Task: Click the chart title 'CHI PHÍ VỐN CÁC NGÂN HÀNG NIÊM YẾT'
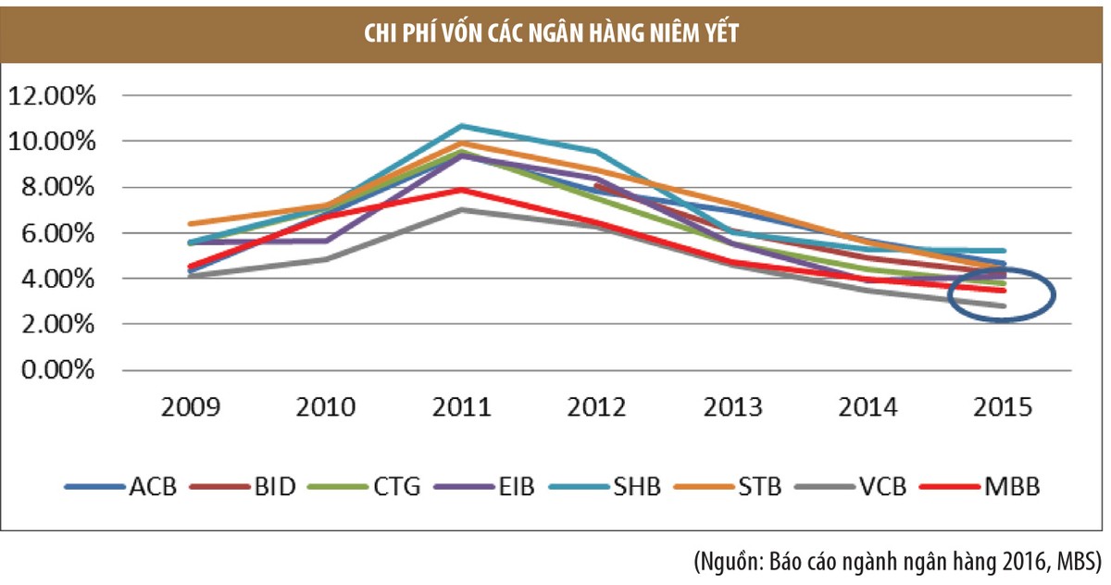555,34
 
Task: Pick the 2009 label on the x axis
191,408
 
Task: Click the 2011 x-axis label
461,408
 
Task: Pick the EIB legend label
514,486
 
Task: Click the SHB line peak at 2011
461,126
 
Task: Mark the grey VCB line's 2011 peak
461,210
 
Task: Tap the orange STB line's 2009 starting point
191,224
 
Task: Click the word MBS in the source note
1074,561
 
